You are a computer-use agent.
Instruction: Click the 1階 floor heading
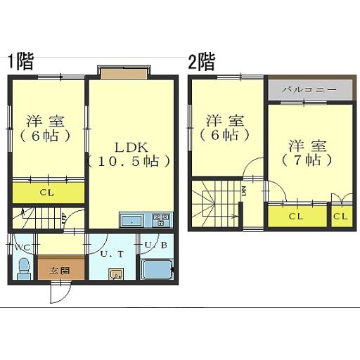tap(20, 62)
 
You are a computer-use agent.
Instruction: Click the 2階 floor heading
tap(201, 62)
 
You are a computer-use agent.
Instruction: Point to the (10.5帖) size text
tap(130, 161)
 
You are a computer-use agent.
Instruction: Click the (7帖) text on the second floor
tap(307, 160)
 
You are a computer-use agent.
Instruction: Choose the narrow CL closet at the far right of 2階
tap(340, 216)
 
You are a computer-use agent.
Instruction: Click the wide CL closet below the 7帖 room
tap(297, 216)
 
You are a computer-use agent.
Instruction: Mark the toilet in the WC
tap(22, 268)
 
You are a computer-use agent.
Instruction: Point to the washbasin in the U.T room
tap(117, 274)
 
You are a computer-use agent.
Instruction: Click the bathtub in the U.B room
tap(156, 270)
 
